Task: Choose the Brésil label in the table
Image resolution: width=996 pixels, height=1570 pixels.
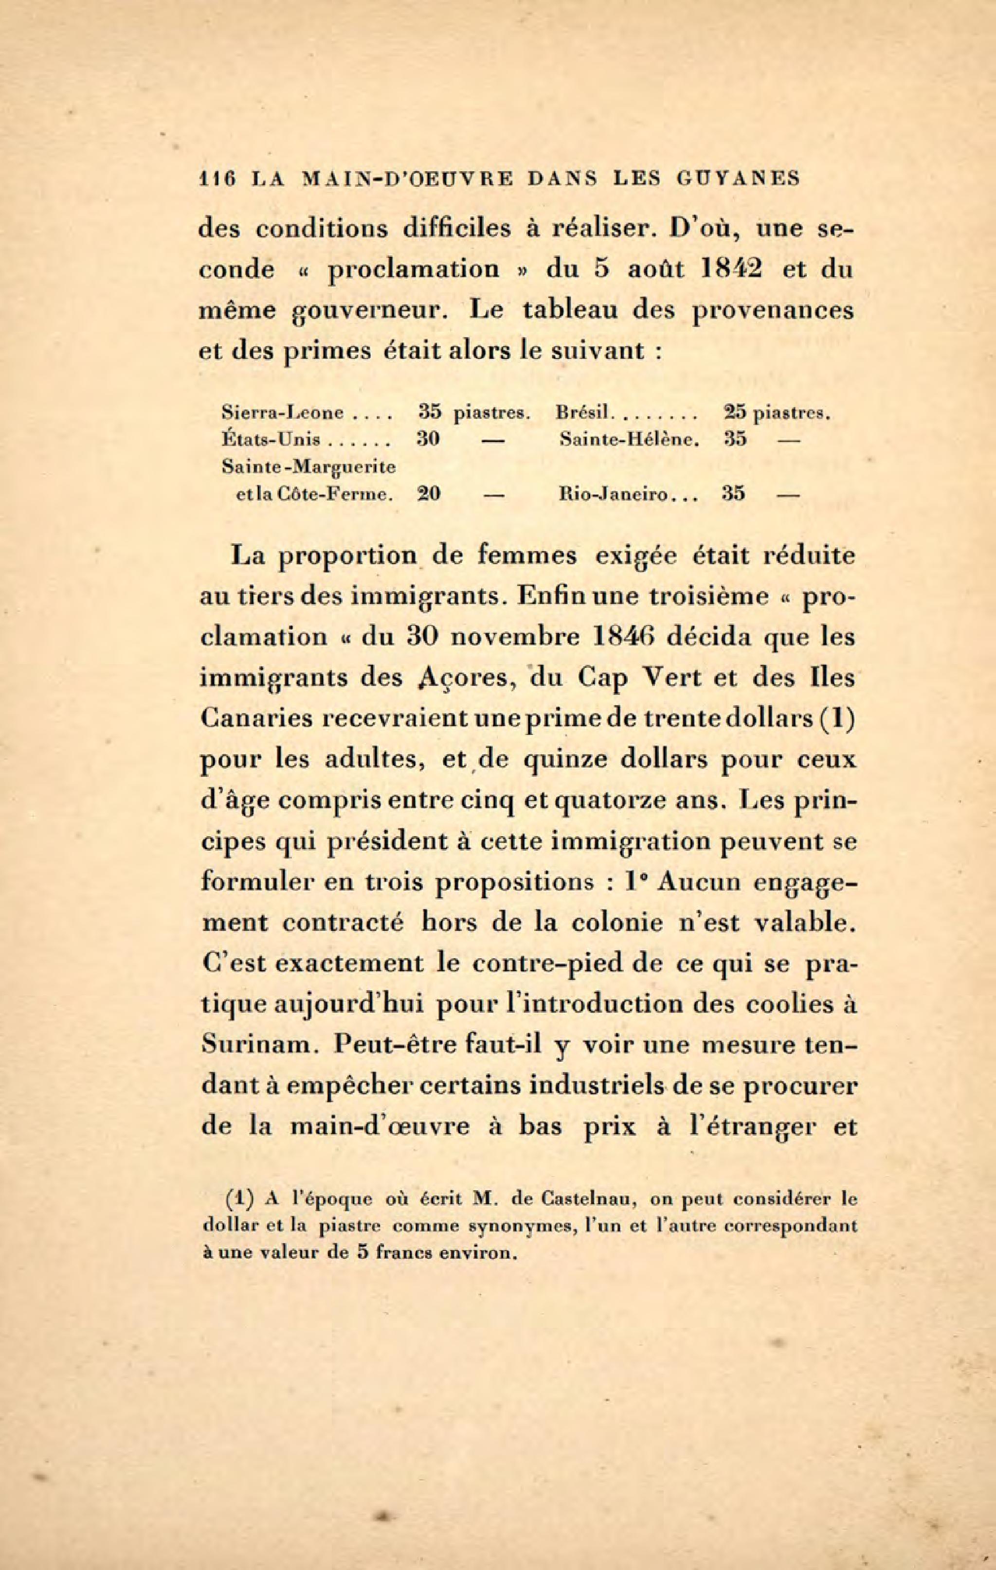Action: pos(582,413)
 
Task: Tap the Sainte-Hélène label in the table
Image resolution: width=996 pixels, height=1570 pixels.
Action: pos(630,440)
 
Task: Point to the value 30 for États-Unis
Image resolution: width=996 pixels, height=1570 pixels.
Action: pos(428,440)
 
